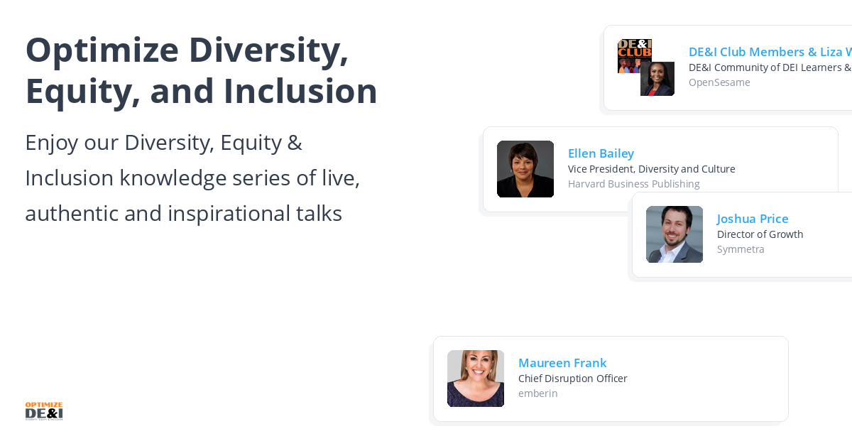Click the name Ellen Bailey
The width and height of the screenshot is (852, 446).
tap(601, 153)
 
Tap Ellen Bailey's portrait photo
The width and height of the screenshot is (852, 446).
tap(525, 169)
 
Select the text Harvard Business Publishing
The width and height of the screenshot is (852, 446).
tap(633, 184)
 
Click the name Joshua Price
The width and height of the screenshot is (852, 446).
tap(753, 219)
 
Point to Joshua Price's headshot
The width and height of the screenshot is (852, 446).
tap(674, 234)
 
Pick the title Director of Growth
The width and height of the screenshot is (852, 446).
tap(760, 234)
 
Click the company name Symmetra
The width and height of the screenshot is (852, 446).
tap(741, 249)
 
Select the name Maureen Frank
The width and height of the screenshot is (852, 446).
tap(562, 363)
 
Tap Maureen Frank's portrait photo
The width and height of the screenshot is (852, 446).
tap(475, 379)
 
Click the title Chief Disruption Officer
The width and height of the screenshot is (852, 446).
tap(572, 379)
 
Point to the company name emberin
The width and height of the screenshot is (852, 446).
tap(537, 393)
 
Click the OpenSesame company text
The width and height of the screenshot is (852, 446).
tap(719, 82)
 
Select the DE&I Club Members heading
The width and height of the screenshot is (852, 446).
tap(745, 52)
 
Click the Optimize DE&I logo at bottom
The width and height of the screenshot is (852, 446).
tap(44, 411)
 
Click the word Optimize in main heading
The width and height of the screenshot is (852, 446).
tap(102, 50)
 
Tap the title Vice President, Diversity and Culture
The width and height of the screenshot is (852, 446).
tap(651, 169)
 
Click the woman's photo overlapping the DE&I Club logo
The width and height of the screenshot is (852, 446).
tap(658, 80)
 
